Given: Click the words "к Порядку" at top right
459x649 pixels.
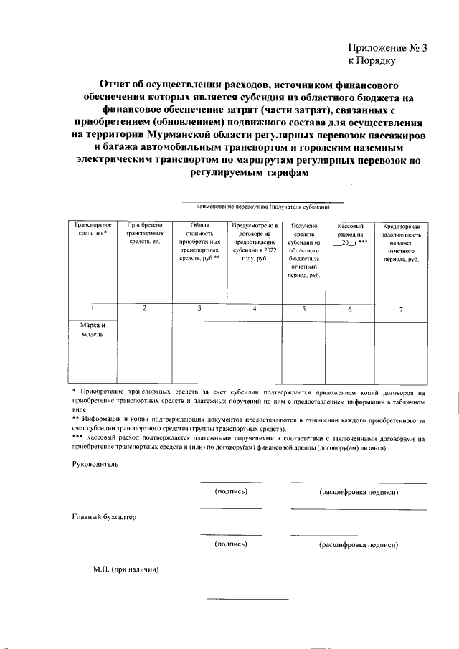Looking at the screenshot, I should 372,62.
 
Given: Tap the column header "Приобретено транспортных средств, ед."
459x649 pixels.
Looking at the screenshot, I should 144,234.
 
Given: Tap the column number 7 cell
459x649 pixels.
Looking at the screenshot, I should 402,309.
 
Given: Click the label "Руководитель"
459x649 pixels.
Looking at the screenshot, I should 95,465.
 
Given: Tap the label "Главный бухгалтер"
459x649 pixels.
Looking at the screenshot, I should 103,517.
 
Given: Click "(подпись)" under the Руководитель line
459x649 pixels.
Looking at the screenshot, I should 231,492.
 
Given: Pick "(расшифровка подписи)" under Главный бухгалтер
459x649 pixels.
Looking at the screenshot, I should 358,545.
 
